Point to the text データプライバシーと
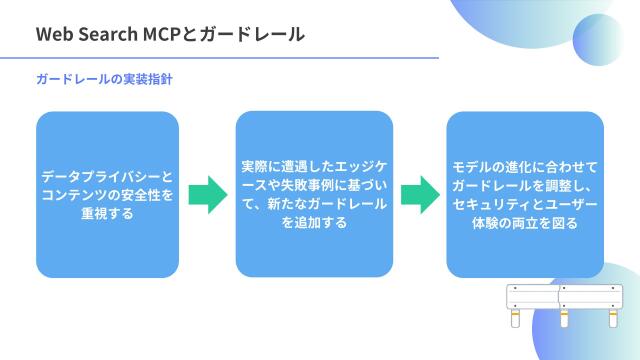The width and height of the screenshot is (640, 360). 107,176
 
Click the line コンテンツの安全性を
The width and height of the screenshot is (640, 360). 107,194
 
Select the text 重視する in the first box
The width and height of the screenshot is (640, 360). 107,212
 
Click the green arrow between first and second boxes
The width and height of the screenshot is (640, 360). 208,194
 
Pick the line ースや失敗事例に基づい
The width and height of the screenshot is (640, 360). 315,185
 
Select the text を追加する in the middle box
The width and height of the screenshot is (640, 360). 315,222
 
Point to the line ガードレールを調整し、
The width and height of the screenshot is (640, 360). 524,185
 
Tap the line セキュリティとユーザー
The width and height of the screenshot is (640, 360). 524,204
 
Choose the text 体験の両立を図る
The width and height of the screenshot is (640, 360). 524,222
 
